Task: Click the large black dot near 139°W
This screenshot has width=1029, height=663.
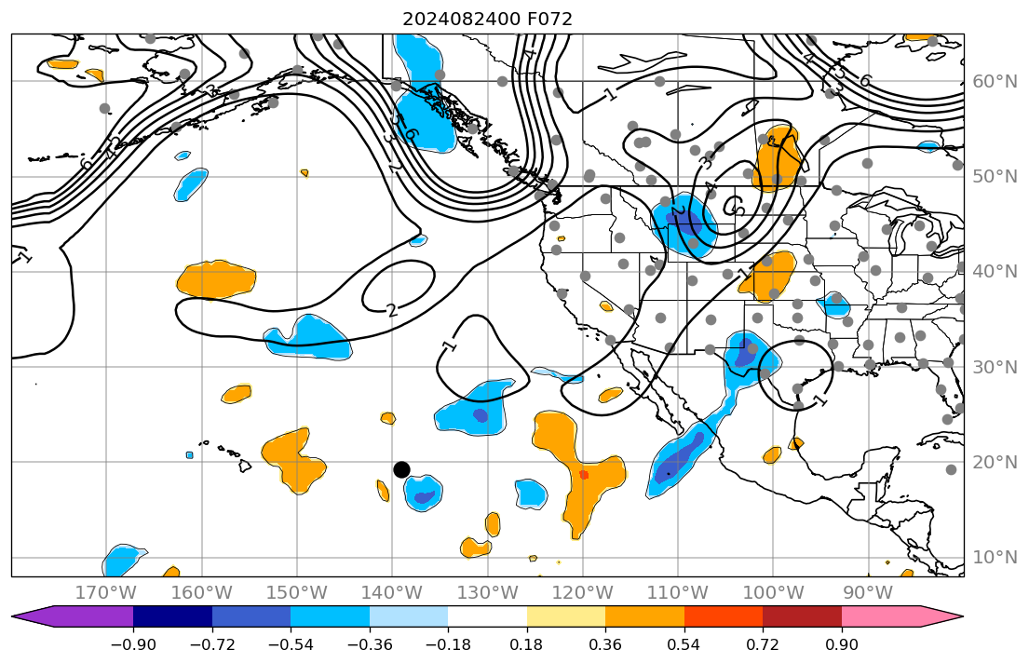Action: [x=401, y=469]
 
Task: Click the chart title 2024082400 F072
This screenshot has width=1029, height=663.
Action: [x=487, y=19]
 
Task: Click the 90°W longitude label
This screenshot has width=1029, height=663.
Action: [x=868, y=592]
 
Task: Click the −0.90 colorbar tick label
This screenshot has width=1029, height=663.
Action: [x=132, y=644]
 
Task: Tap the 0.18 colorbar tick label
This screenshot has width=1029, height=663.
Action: [x=526, y=644]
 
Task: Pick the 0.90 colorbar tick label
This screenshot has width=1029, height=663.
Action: [x=842, y=644]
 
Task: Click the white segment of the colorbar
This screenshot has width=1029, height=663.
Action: [x=487, y=616]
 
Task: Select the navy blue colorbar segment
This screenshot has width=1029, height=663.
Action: [x=172, y=616]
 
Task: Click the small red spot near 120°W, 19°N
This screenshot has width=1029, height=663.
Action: [x=584, y=474]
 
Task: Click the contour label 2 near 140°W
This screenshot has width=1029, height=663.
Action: [x=392, y=310]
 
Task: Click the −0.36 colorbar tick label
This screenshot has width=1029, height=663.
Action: [x=369, y=644]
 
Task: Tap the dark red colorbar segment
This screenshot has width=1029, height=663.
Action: [x=802, y=616]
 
